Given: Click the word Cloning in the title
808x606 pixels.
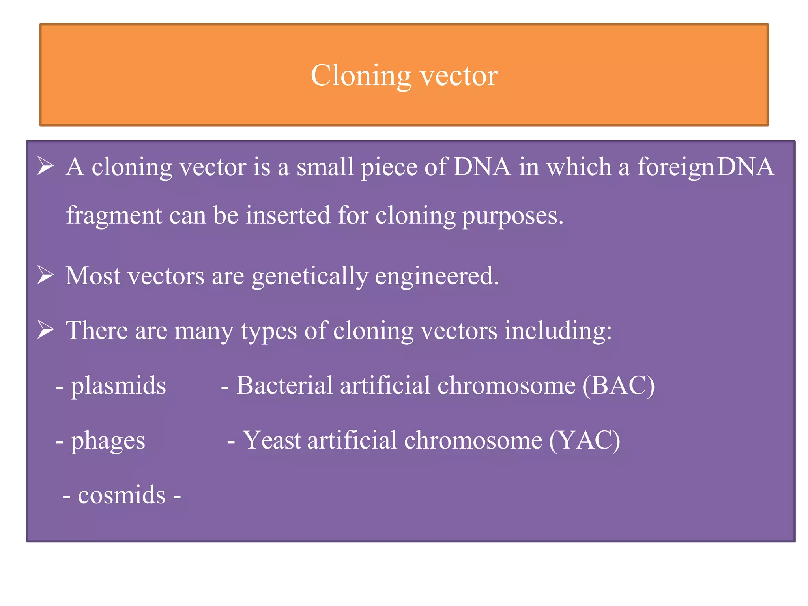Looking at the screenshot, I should tap(361, 76).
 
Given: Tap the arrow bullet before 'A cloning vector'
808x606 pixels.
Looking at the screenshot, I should tap(45, 166).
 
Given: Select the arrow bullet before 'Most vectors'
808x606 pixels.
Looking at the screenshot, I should tap(45, 275).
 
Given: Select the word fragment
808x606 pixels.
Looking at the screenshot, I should tap(114, 216).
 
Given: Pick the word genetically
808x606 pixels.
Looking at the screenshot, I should tap(310, 277).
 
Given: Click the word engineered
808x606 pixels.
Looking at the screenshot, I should tap(436, 277).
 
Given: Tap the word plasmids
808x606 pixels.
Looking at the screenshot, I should tap(118, 386).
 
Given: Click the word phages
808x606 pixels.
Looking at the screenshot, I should tap(108, 441).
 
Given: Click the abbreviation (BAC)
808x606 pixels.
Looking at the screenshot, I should tap(618, 386).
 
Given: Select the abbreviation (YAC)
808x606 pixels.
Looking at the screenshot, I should tap(584, 441).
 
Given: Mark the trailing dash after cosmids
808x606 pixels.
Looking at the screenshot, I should tap(177, 496).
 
